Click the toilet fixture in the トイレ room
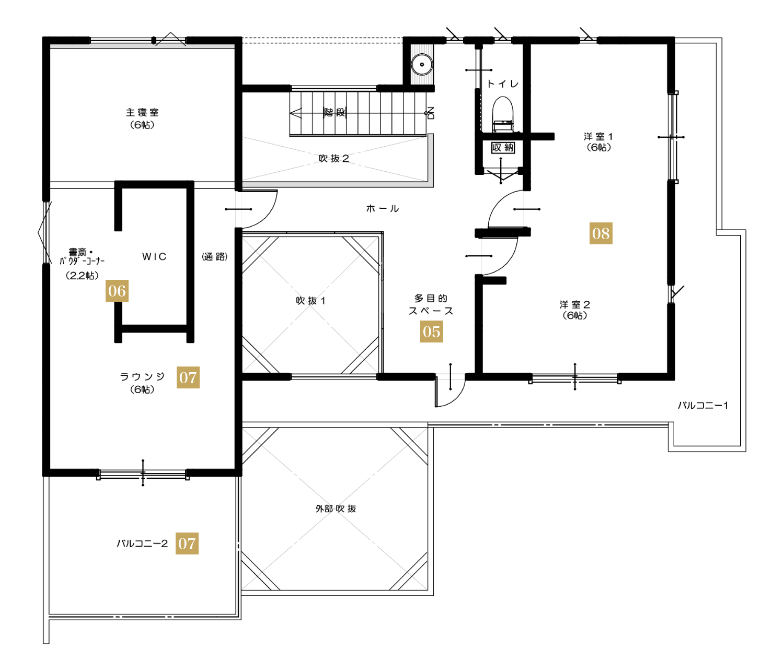pos(502,114)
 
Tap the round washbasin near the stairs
pos(421,64)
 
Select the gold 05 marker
pos(431,332)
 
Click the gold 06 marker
pos(117,291)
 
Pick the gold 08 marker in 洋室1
pos(601,233)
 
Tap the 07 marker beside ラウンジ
pos(188,377)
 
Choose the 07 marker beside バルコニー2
pos(187,543)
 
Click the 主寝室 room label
pos(142,112)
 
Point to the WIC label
pos(154,256)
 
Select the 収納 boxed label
pos(503,147)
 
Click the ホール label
pos(382,208)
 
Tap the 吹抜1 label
pos(310,301)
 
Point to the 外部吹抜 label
pos(336,509)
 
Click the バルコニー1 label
pos(703,406)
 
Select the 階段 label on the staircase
pos(335,113)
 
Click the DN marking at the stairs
pos(431,113)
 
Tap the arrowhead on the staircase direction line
pos(296,113)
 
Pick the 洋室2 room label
pos(574,304)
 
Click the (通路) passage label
pos(215,256)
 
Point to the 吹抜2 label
pos(334,158)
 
